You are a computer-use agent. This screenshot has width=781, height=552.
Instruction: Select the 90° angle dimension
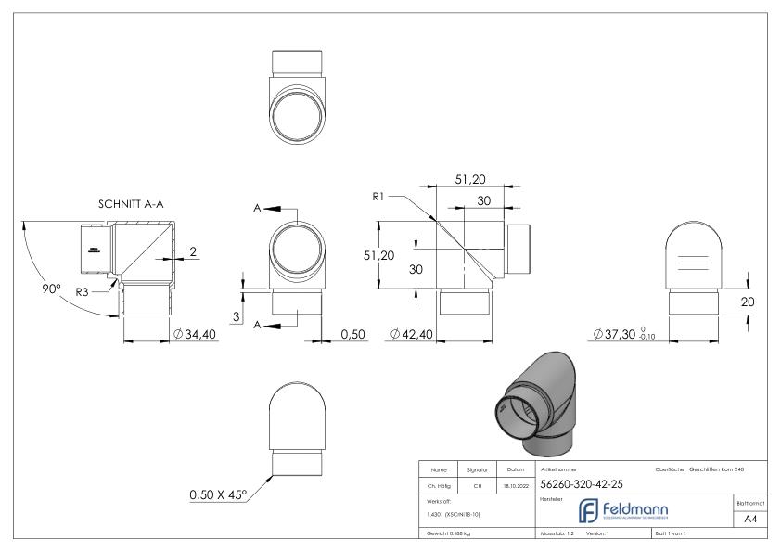51,289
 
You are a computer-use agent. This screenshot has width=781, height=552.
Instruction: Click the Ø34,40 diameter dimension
195,334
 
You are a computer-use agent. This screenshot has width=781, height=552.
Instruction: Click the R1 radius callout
379,197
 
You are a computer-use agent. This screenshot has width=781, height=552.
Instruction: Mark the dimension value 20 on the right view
758,301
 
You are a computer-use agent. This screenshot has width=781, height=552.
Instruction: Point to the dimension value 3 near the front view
237,317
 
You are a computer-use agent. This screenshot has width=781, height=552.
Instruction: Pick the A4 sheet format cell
754,521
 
